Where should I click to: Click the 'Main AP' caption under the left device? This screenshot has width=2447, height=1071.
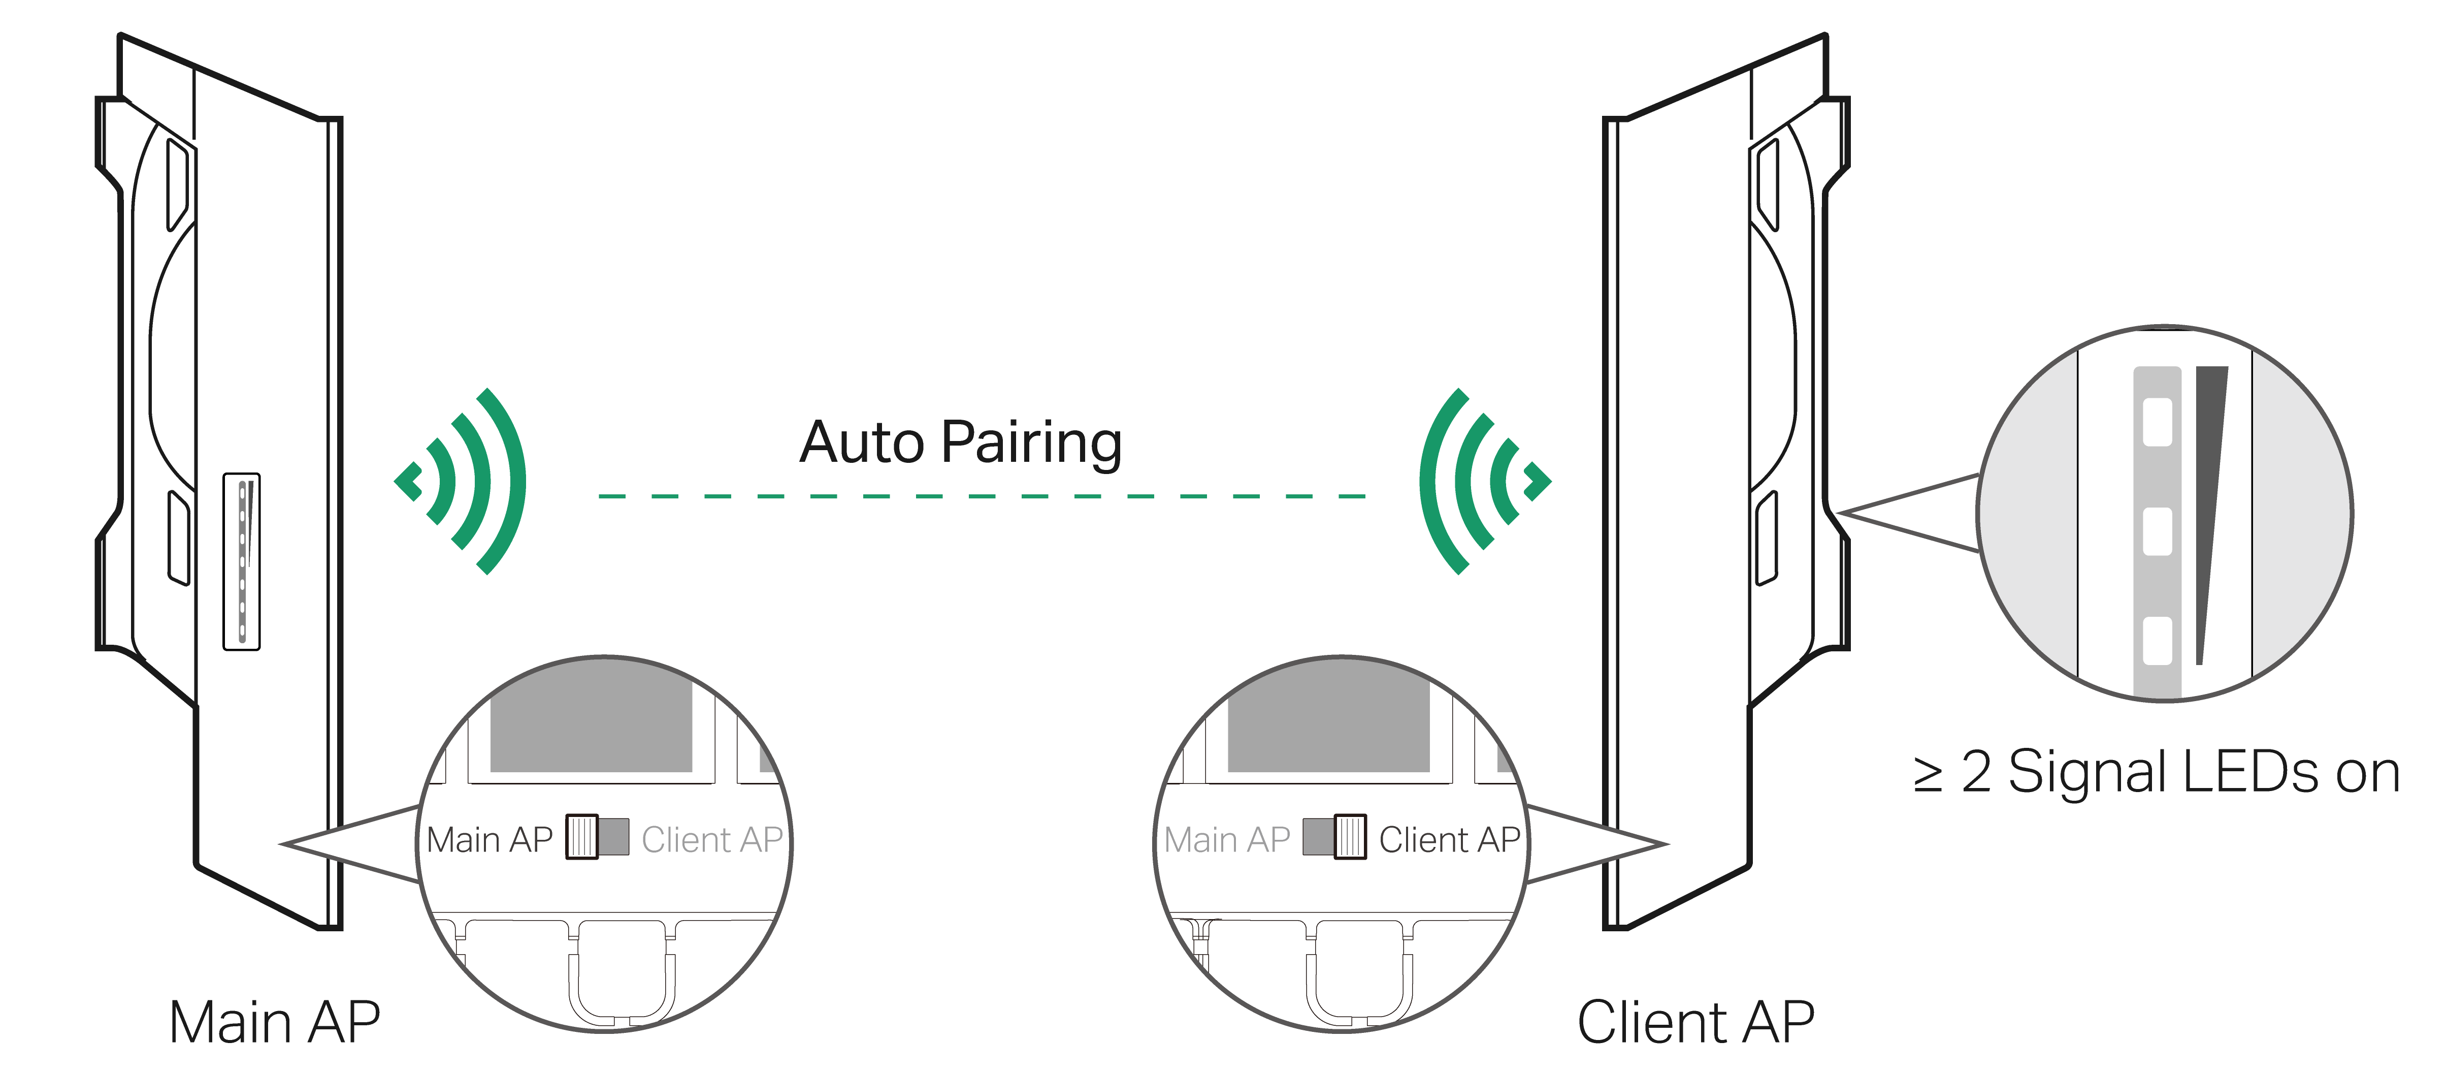(x=275, y=1023)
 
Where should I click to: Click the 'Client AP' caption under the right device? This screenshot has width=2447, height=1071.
(x=1695, y=1023)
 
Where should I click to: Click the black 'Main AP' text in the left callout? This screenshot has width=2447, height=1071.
(x=489, y=840)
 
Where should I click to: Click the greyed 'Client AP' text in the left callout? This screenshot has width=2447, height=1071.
(x=711, y=840)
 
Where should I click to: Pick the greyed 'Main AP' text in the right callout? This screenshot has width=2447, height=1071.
(x=1226, y=840)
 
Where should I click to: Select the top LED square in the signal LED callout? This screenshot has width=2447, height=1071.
(x=2157, y=422)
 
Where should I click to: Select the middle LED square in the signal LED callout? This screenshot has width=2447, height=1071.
(x=2157, y=531)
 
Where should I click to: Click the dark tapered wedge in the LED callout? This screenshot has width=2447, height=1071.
(x=2208, y=494)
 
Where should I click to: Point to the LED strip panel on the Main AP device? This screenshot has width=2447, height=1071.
(x=241, y=561)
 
